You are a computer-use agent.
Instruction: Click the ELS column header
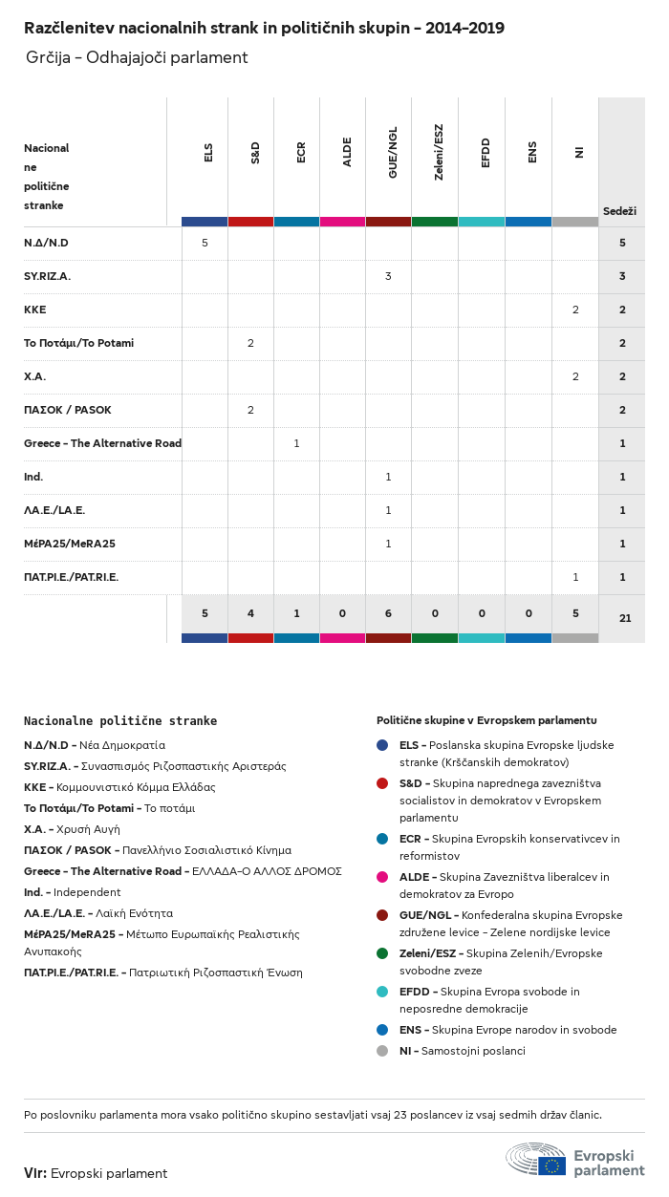(x=208, y=152)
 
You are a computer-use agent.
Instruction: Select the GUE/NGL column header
(x=393, y=152)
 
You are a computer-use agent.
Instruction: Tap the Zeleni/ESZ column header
(x=439, y=152)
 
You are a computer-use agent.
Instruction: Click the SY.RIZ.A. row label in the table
(x=47, y=276)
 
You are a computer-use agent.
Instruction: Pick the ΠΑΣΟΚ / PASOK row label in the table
(x=67, y=410)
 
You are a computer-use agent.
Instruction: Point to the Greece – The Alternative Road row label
(x=102, y=443)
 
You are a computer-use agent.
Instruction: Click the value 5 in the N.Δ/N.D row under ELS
(x=205, y=243)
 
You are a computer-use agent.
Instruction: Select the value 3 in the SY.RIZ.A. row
(x=388, y=276)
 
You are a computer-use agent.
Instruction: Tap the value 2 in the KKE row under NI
(x=575, y=310)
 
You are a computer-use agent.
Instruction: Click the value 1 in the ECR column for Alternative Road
(x=296, y=443)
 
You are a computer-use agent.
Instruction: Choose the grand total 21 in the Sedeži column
(x=625, y=618)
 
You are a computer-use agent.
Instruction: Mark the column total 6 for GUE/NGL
(x=388, y=613)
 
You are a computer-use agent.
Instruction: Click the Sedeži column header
(x=619, y=210)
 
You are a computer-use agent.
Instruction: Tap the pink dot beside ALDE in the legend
(x=382, y=877)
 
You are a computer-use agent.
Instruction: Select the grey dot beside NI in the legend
(x=382, y=1051)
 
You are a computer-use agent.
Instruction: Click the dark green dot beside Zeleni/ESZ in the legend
(x=382, y=953)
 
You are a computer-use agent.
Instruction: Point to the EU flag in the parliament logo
(x=551, y=1165)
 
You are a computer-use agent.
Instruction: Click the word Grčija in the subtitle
(x=47, y=57)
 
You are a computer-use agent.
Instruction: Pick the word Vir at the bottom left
(x=34, y=1173)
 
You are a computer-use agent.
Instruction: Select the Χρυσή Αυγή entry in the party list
(x=95, y=829)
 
